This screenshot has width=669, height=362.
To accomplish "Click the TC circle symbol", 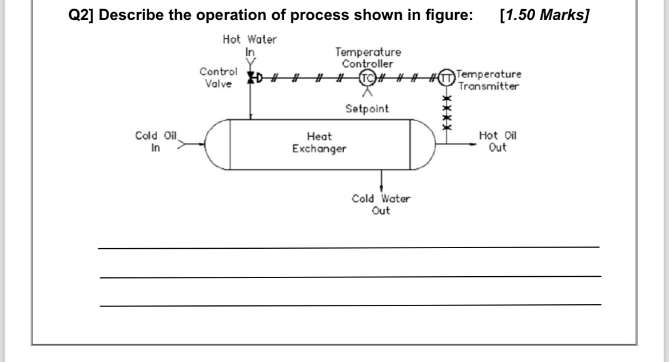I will click(367, 78).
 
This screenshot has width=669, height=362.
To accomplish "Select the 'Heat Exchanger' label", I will click(319, 143).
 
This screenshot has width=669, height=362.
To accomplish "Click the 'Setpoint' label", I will click(367, 108).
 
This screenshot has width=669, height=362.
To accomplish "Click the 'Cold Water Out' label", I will click(381, 205).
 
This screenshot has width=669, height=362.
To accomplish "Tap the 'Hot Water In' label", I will click(249, 45).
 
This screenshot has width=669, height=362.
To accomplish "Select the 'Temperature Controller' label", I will click(368, 58).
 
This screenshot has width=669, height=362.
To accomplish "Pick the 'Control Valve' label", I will click(217, 78).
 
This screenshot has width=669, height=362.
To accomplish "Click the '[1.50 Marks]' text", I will click(544, 15).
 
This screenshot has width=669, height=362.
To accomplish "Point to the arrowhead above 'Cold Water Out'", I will click(381, 189).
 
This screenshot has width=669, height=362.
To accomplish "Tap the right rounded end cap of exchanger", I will click(423, 144).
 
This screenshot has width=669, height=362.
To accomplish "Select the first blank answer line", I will click(349, 248).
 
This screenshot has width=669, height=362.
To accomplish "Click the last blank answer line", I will click(350, 305).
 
